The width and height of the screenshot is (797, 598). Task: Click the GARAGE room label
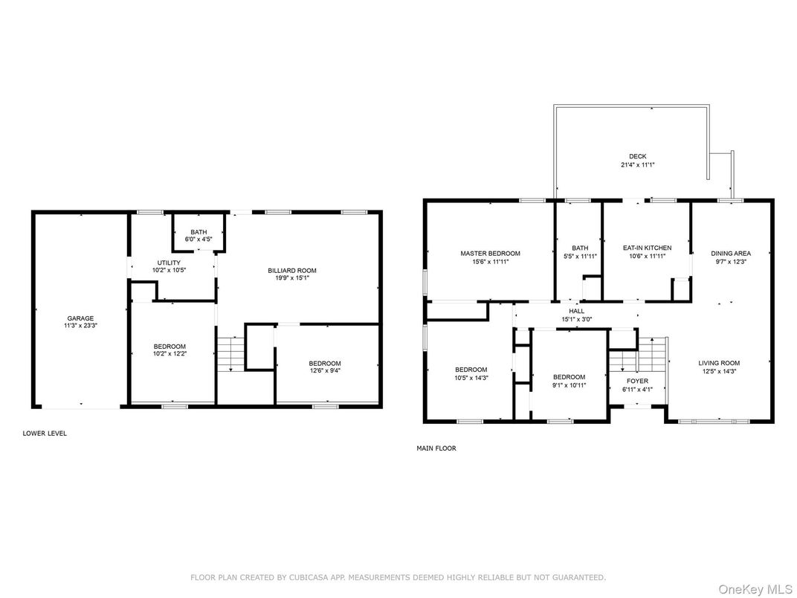81,318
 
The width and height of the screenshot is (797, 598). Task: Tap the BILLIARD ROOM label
292,271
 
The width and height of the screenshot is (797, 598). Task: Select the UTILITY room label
168,263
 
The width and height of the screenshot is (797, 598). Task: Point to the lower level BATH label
199,231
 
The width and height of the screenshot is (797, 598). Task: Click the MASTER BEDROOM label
490,253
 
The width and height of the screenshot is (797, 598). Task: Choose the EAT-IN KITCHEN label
647,248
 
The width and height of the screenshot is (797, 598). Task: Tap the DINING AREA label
731,253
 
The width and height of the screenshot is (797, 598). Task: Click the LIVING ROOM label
719,363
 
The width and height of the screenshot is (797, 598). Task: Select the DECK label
637,156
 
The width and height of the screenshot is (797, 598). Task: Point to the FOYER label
637,381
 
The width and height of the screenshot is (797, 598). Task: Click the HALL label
576,311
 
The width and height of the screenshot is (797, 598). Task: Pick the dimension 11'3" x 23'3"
81,326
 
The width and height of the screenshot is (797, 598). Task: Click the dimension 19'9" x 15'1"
292,278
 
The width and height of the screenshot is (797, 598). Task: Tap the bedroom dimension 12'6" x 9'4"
325,370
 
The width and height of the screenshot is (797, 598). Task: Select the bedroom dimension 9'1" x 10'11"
569,385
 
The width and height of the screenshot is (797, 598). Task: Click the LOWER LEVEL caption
45,433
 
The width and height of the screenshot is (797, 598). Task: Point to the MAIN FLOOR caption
436,448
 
